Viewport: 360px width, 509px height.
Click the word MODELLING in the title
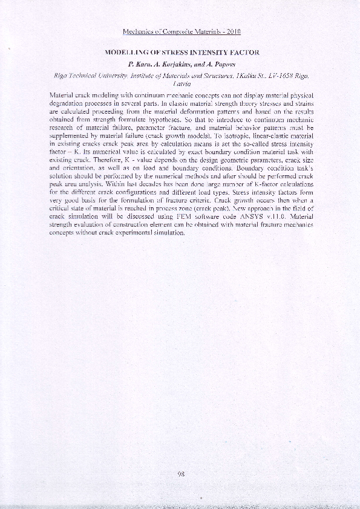pos(126,53)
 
